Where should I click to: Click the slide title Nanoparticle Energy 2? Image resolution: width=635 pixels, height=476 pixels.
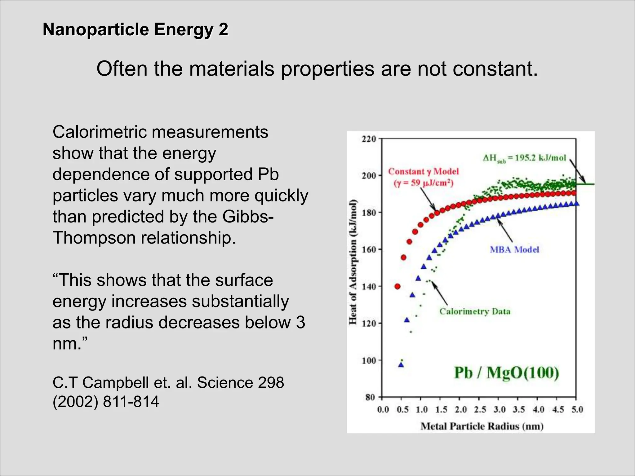135,30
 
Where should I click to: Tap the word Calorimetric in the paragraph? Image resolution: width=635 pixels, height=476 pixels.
102,132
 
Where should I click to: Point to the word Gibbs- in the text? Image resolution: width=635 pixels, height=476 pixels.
248,217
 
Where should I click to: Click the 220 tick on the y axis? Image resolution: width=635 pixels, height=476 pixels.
369,139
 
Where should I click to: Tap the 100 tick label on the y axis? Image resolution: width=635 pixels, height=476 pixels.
369,360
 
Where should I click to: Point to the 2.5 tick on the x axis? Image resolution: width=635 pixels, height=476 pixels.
480,410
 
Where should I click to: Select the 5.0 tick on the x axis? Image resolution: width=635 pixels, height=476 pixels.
577,410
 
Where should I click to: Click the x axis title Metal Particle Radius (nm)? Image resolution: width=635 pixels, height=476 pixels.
482,426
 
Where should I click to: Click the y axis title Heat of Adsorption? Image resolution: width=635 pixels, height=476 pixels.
353,262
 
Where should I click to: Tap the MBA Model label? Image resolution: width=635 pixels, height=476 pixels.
514,250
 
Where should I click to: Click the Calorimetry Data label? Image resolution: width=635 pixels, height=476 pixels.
475,311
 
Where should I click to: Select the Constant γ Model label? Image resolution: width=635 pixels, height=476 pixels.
423,172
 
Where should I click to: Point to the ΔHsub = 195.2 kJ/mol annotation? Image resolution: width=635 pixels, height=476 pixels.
524,158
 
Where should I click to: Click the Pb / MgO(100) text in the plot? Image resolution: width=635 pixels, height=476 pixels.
506,373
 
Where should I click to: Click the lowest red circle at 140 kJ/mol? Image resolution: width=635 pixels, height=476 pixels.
397,286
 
